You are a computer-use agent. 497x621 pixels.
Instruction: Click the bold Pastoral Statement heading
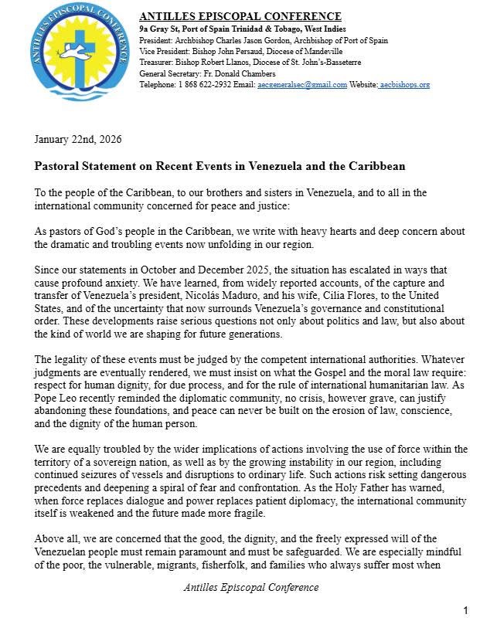coord(220,166)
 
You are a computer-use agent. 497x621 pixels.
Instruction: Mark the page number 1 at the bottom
coord(465,610)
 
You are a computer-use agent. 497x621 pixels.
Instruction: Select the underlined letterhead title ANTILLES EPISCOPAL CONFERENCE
coord(240,16)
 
